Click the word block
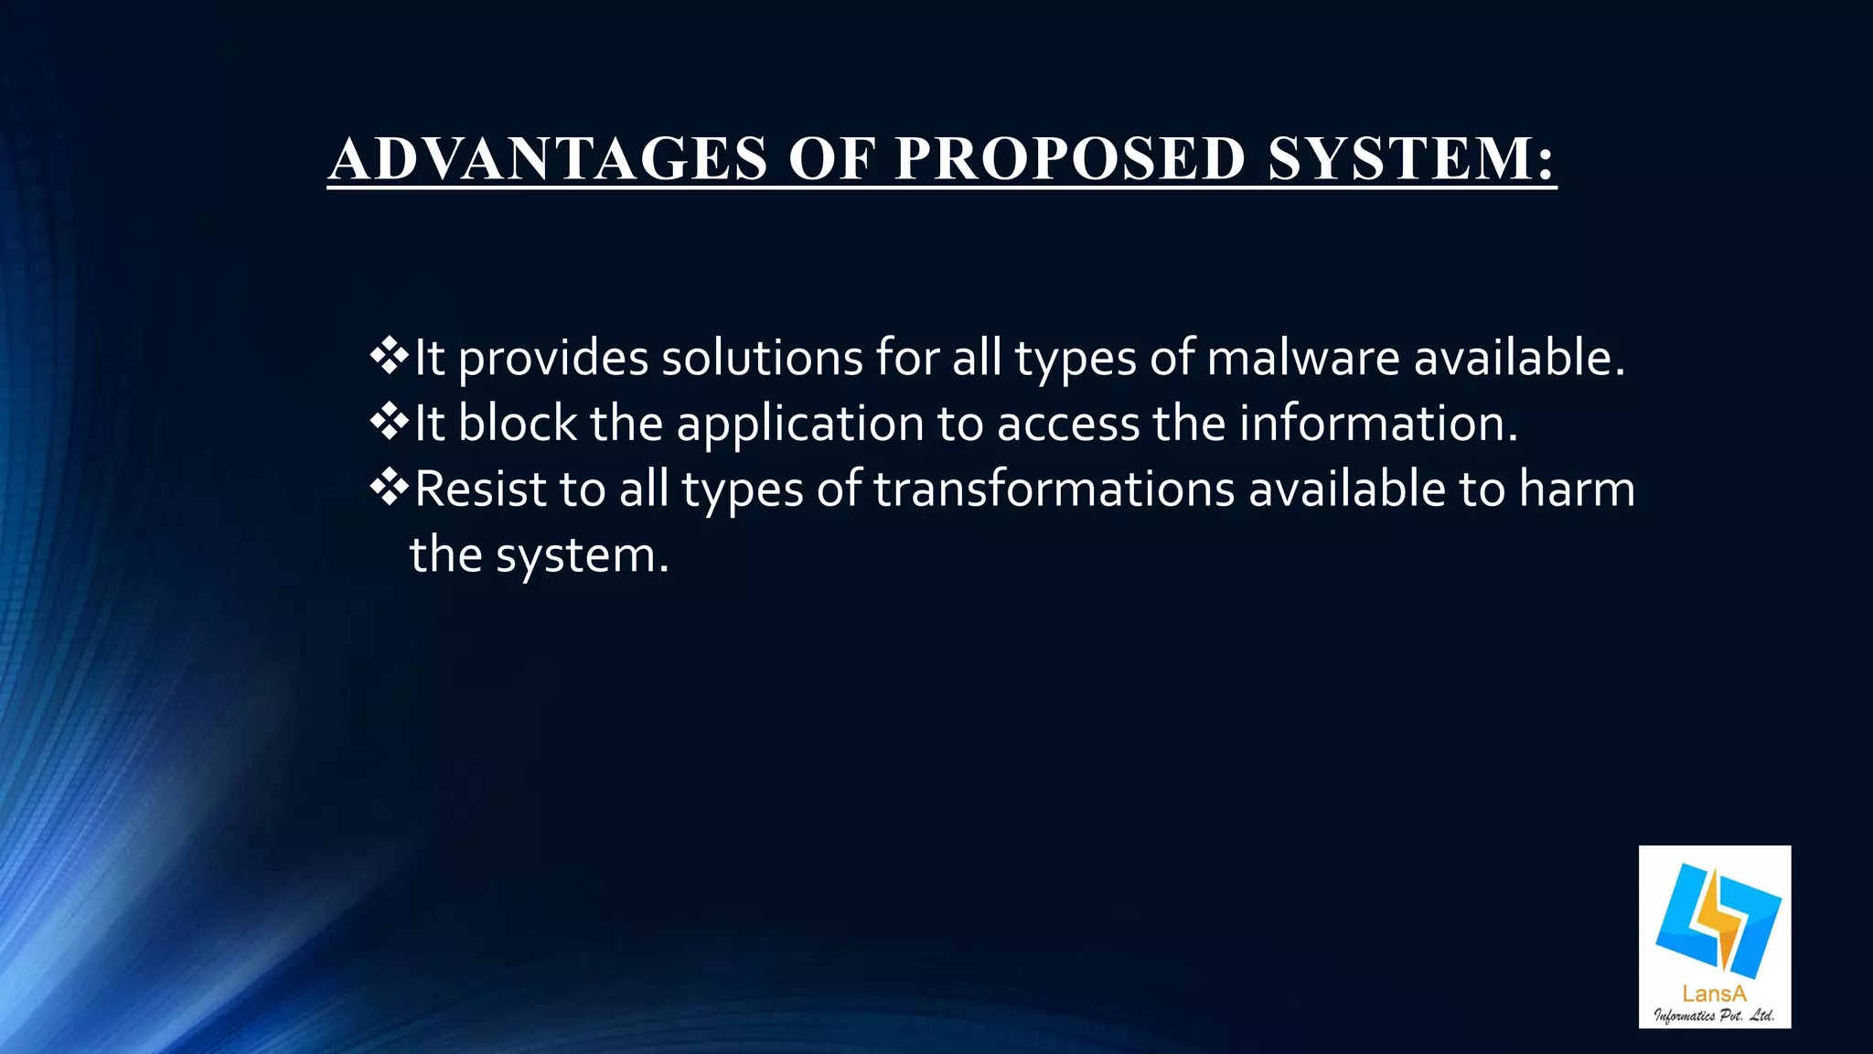point(517,424)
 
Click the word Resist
point(480,489)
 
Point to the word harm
point(1577,489)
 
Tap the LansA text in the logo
point(1714,994)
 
